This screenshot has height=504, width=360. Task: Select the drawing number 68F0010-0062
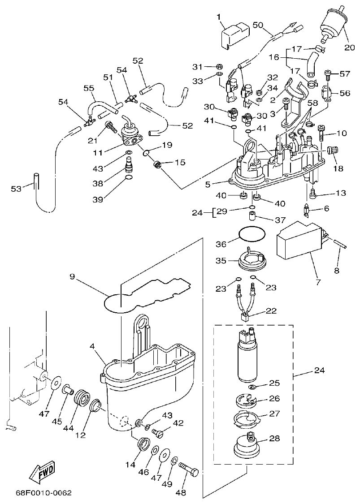coord(43,493)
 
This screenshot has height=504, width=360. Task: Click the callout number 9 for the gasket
coord(72,276)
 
